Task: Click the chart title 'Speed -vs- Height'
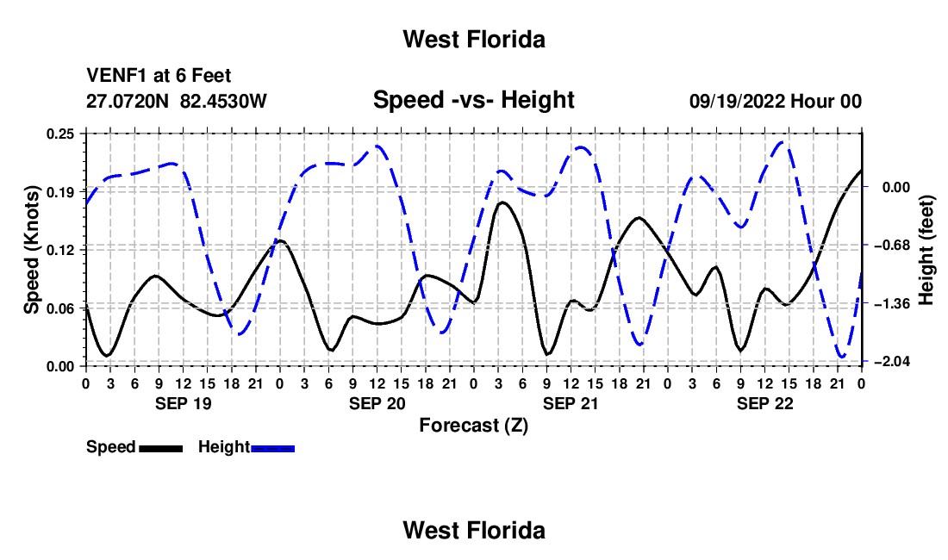[x=473, y=100]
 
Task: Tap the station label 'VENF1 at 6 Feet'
[x=159, y=76]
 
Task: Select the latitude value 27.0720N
[x=128, y=101]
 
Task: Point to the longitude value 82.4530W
[x=223, y=101]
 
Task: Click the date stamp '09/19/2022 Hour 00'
[x=776, y=101]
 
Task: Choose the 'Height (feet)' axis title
[x=926, y=250]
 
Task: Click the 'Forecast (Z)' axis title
[x=473, y=426]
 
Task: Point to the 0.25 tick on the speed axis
[x=60, y=134]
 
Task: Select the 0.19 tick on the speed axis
[x=60, y=191]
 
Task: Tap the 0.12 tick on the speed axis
[x=60, y=250]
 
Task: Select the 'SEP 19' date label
[x=184, y=403]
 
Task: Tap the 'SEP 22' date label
[x=764, y=403]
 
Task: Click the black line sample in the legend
[x=161, y=448]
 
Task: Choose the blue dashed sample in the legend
[x=272, y=448]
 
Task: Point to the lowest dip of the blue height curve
[x=842, y=357]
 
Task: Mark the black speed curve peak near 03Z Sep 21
[x=501, y=202]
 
